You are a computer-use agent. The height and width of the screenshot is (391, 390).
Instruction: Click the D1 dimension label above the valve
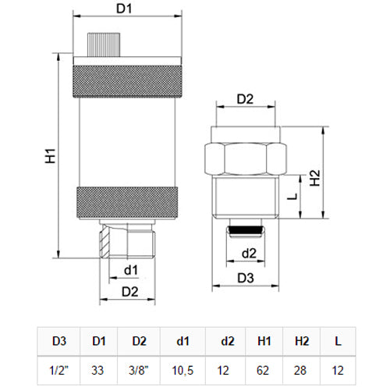[x=123, y=10]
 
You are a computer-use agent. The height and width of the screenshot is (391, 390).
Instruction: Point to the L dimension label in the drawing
[x=291, y=197]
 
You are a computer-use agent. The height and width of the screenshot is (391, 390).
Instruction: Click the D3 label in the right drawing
[x=246, y=278]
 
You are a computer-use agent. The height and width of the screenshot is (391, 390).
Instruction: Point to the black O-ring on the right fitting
[x=247, y=230]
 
